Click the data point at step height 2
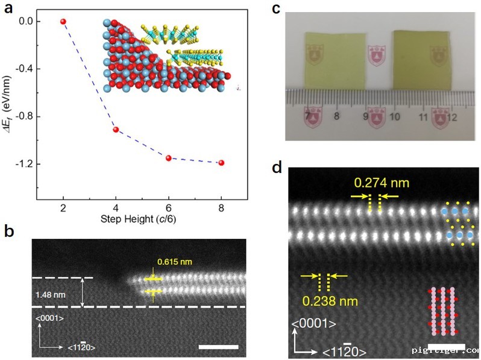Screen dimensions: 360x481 click(63, 21)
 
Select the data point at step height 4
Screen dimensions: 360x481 click(116, 130)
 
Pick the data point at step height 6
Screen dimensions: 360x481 click(169, 158)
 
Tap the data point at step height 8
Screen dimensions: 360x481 click(221, 163)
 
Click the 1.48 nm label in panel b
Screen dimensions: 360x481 click(52, 294)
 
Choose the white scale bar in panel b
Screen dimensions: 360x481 click(218, 347)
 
